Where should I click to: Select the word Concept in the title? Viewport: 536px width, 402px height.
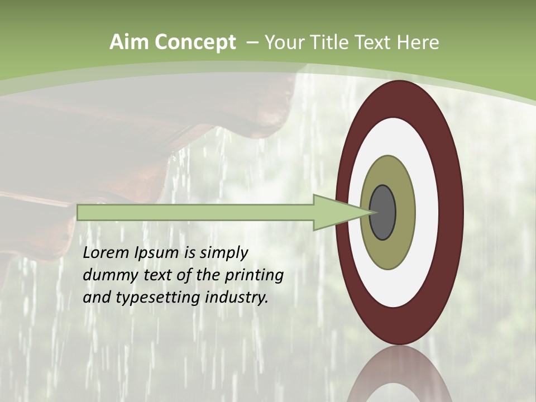pos(195,42)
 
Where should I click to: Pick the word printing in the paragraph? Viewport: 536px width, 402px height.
pos(254,275)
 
